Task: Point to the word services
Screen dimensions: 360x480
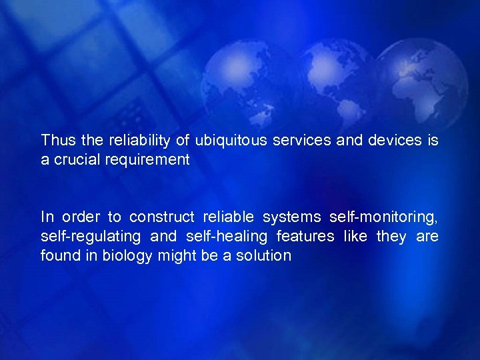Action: coord(297,141)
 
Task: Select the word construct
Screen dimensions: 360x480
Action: coord(161,217)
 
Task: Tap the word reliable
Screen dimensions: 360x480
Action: coord(227,217)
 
